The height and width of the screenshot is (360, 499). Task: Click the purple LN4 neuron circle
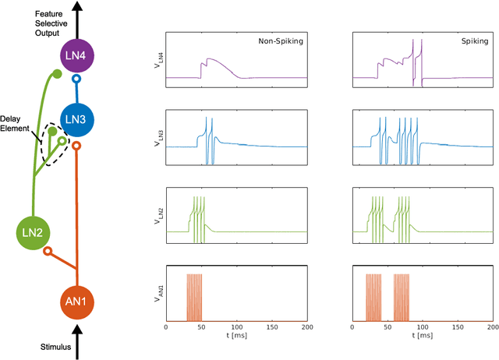tap(76, 56)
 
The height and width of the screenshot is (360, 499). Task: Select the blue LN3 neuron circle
tap(76, 119)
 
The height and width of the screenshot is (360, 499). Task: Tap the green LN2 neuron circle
tap(34, 231)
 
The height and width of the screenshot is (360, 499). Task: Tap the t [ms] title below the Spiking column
tap(422, 341)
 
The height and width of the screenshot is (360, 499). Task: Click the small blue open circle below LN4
tap(76, 79)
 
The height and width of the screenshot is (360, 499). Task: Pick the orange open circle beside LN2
tap(48, 252)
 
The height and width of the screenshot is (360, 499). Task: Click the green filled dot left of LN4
tap(55, 74)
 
